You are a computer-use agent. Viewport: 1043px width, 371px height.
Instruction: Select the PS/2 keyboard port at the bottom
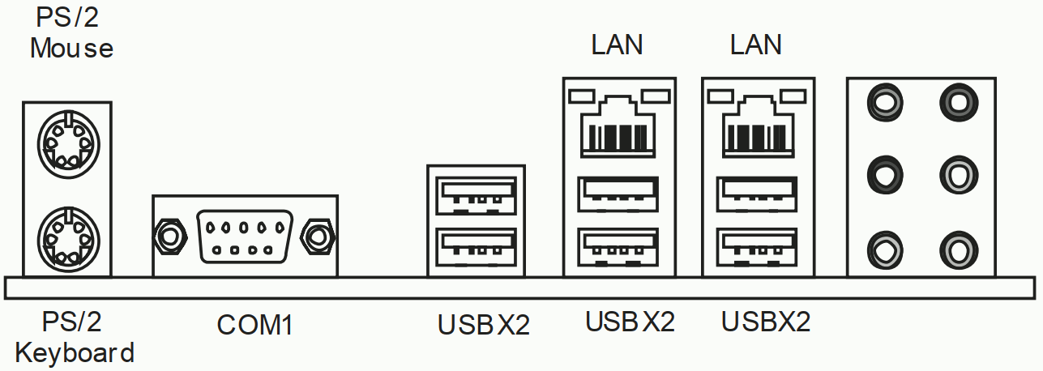pyautogui.click(x=68, y=235)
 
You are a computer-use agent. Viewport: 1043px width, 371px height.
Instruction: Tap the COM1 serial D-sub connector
pyautogui.click(x=244, y=235)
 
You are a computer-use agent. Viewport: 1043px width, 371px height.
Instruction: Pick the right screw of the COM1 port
pyautogui.click(x=317, y=235)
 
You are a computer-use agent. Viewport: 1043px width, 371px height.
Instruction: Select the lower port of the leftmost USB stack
pyautogui.click(x=476, y=245)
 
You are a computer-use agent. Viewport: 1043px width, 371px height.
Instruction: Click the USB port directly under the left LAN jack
pyautogui.click(x=618, y=192)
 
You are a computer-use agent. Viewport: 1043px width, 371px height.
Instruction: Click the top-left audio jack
pyautogui.click(x=884, y=102)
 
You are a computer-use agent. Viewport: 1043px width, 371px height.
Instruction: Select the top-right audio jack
pyautogui.click(x=956, y=102)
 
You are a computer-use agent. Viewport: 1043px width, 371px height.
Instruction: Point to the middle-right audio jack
pyautogui.click(x=956, y=173)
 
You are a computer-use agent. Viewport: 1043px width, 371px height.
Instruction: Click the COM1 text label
pyautogui.click(x=254, y=325)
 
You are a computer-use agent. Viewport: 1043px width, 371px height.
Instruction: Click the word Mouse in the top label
pyautogui.click(x=71, y=48)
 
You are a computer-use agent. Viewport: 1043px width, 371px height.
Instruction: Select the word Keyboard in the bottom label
pyautogui.click(x=75, y=353)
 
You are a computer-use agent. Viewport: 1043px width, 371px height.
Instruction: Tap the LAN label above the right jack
pyautogui.click(x=755, y=45)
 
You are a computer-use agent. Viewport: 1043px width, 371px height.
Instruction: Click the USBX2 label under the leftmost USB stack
pyautogui.click(x=483, y=325)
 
